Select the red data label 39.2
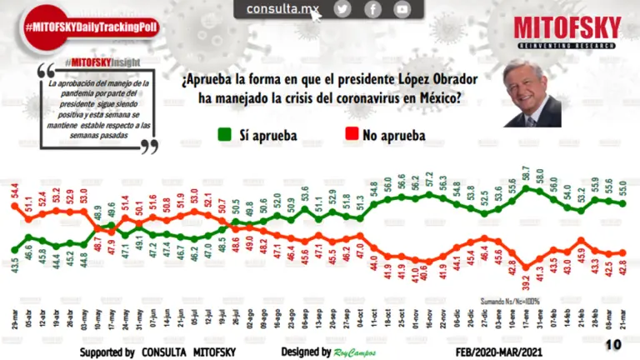[x=527, y=267]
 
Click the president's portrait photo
[x=531, y=95]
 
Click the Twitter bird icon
[x=342, y=9]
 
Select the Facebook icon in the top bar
[x=372, y=9]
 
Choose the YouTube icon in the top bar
[x=402, y=9]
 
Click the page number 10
[x=612, y=343]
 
